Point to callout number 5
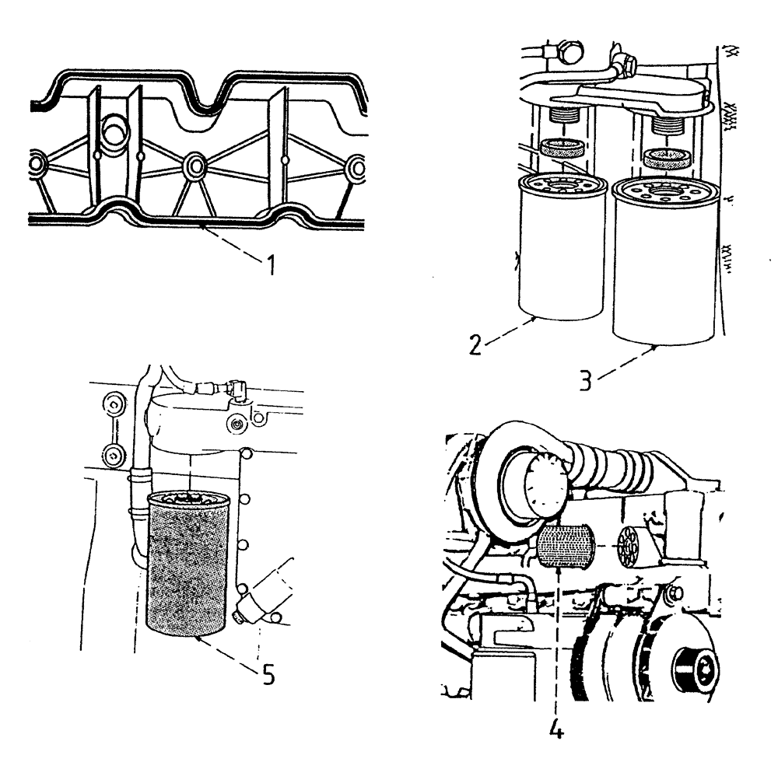(267, 674)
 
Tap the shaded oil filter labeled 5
(189, 568)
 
